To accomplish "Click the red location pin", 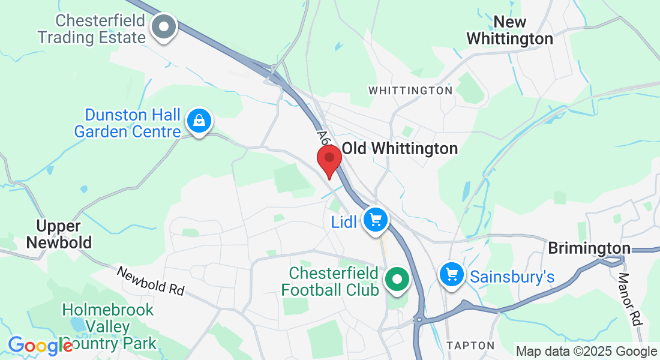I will (x=329, y=158).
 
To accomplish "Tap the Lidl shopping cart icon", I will (x=376, y=220).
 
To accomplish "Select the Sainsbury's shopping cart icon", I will (x=452, y=275).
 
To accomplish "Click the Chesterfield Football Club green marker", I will (x=396, y=280).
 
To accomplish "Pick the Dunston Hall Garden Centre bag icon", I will (x=199, y=121).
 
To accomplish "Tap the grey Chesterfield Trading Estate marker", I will (x=163, y=27).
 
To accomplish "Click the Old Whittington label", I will (x=400, y=148).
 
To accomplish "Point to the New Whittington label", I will (x=509, y=31).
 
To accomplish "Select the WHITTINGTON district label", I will (x=410, y=91).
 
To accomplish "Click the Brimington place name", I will (x=589, y=248).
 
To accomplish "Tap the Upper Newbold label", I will (x=64, y=235).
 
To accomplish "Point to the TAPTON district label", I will (x=470, y=346).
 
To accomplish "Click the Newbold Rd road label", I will (x=151, y=281).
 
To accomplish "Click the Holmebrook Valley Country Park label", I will (x=109, y=327).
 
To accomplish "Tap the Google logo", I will (x=40, y=346).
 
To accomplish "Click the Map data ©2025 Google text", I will (x=587, y=352).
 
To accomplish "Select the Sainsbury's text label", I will (x=512, y=277).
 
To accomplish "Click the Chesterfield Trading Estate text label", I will (x=92, y=29).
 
